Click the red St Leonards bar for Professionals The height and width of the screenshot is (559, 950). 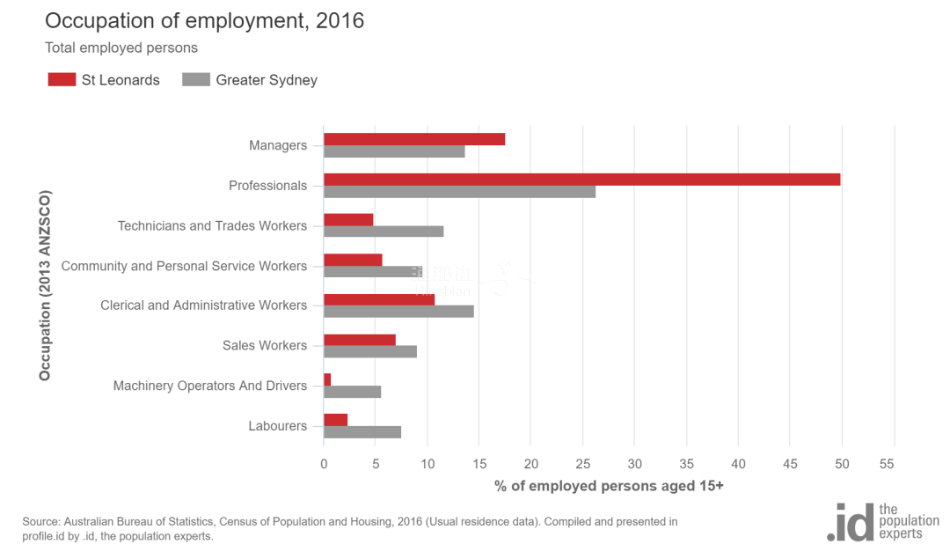pyautogui.click(x=581, y=180)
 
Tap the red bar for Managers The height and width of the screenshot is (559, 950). pyautogui.click(x=414, y=139)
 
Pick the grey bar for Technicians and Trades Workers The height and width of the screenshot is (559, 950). pyautogui.click(x=384, y=232)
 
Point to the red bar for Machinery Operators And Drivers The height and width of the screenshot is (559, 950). pyautogui.click(x=327, y=379)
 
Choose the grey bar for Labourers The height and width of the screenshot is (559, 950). pyautogui.click(x=362, y=432)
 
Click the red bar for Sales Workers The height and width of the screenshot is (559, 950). pyautogui.click(x=360, y=340)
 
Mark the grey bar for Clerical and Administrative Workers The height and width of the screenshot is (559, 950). pyautogui.click(x=398, y=311)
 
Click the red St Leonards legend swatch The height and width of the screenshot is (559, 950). pyautogui.click(x=62, y=80)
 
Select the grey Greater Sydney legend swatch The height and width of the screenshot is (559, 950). pyautogui.click(x=196, y=80)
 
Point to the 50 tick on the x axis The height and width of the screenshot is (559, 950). pyautogui.click(x=842, y=464)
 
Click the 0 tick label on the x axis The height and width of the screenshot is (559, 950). pyautogui.click(x=324, y=464)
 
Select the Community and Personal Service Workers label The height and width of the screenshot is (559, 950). pyautogui.click(x=184, y=266)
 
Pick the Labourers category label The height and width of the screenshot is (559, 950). pyautogui.click(x=278, y=426)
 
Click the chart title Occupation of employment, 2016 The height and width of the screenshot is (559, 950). pyautogui.click(x=204, y=21)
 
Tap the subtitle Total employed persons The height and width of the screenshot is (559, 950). pyautogui.click(x=121, y=48)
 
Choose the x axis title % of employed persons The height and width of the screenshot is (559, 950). pyautogui.click(x=609, y=486)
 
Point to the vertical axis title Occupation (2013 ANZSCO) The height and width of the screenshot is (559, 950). pyautogui.click(x=45, y=285)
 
